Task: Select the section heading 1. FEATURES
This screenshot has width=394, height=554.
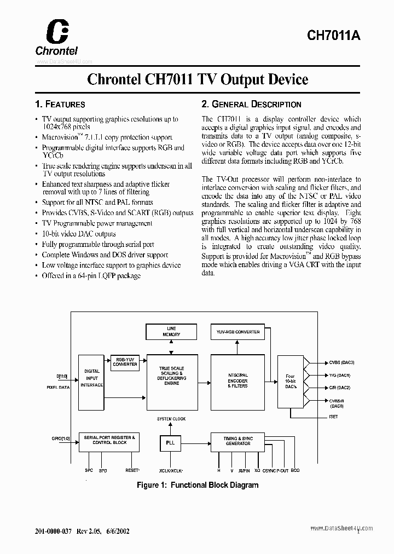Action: tap(60, 105)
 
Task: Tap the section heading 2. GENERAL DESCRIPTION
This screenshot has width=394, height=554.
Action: tap(251, 105)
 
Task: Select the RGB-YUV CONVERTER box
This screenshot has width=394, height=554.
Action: tap(125, 362)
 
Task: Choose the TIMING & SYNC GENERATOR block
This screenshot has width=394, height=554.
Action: tap(237, 441)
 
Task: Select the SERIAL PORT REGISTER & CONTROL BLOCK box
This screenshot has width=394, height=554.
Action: tap(109, 440)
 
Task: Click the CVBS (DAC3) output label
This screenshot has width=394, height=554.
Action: tap(341, 362)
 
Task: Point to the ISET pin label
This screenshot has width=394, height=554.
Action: tap(334, 417)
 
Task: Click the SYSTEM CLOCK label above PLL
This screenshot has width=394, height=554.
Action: tap(171, 419)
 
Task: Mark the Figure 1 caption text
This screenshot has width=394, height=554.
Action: tap(197, 485)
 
